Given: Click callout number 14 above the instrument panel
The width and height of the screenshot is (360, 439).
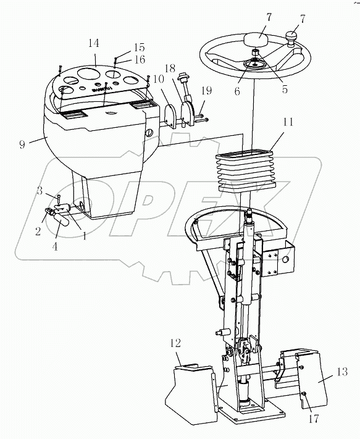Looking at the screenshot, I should [94, 43].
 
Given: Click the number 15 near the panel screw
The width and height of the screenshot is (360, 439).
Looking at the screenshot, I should [140, 47].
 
